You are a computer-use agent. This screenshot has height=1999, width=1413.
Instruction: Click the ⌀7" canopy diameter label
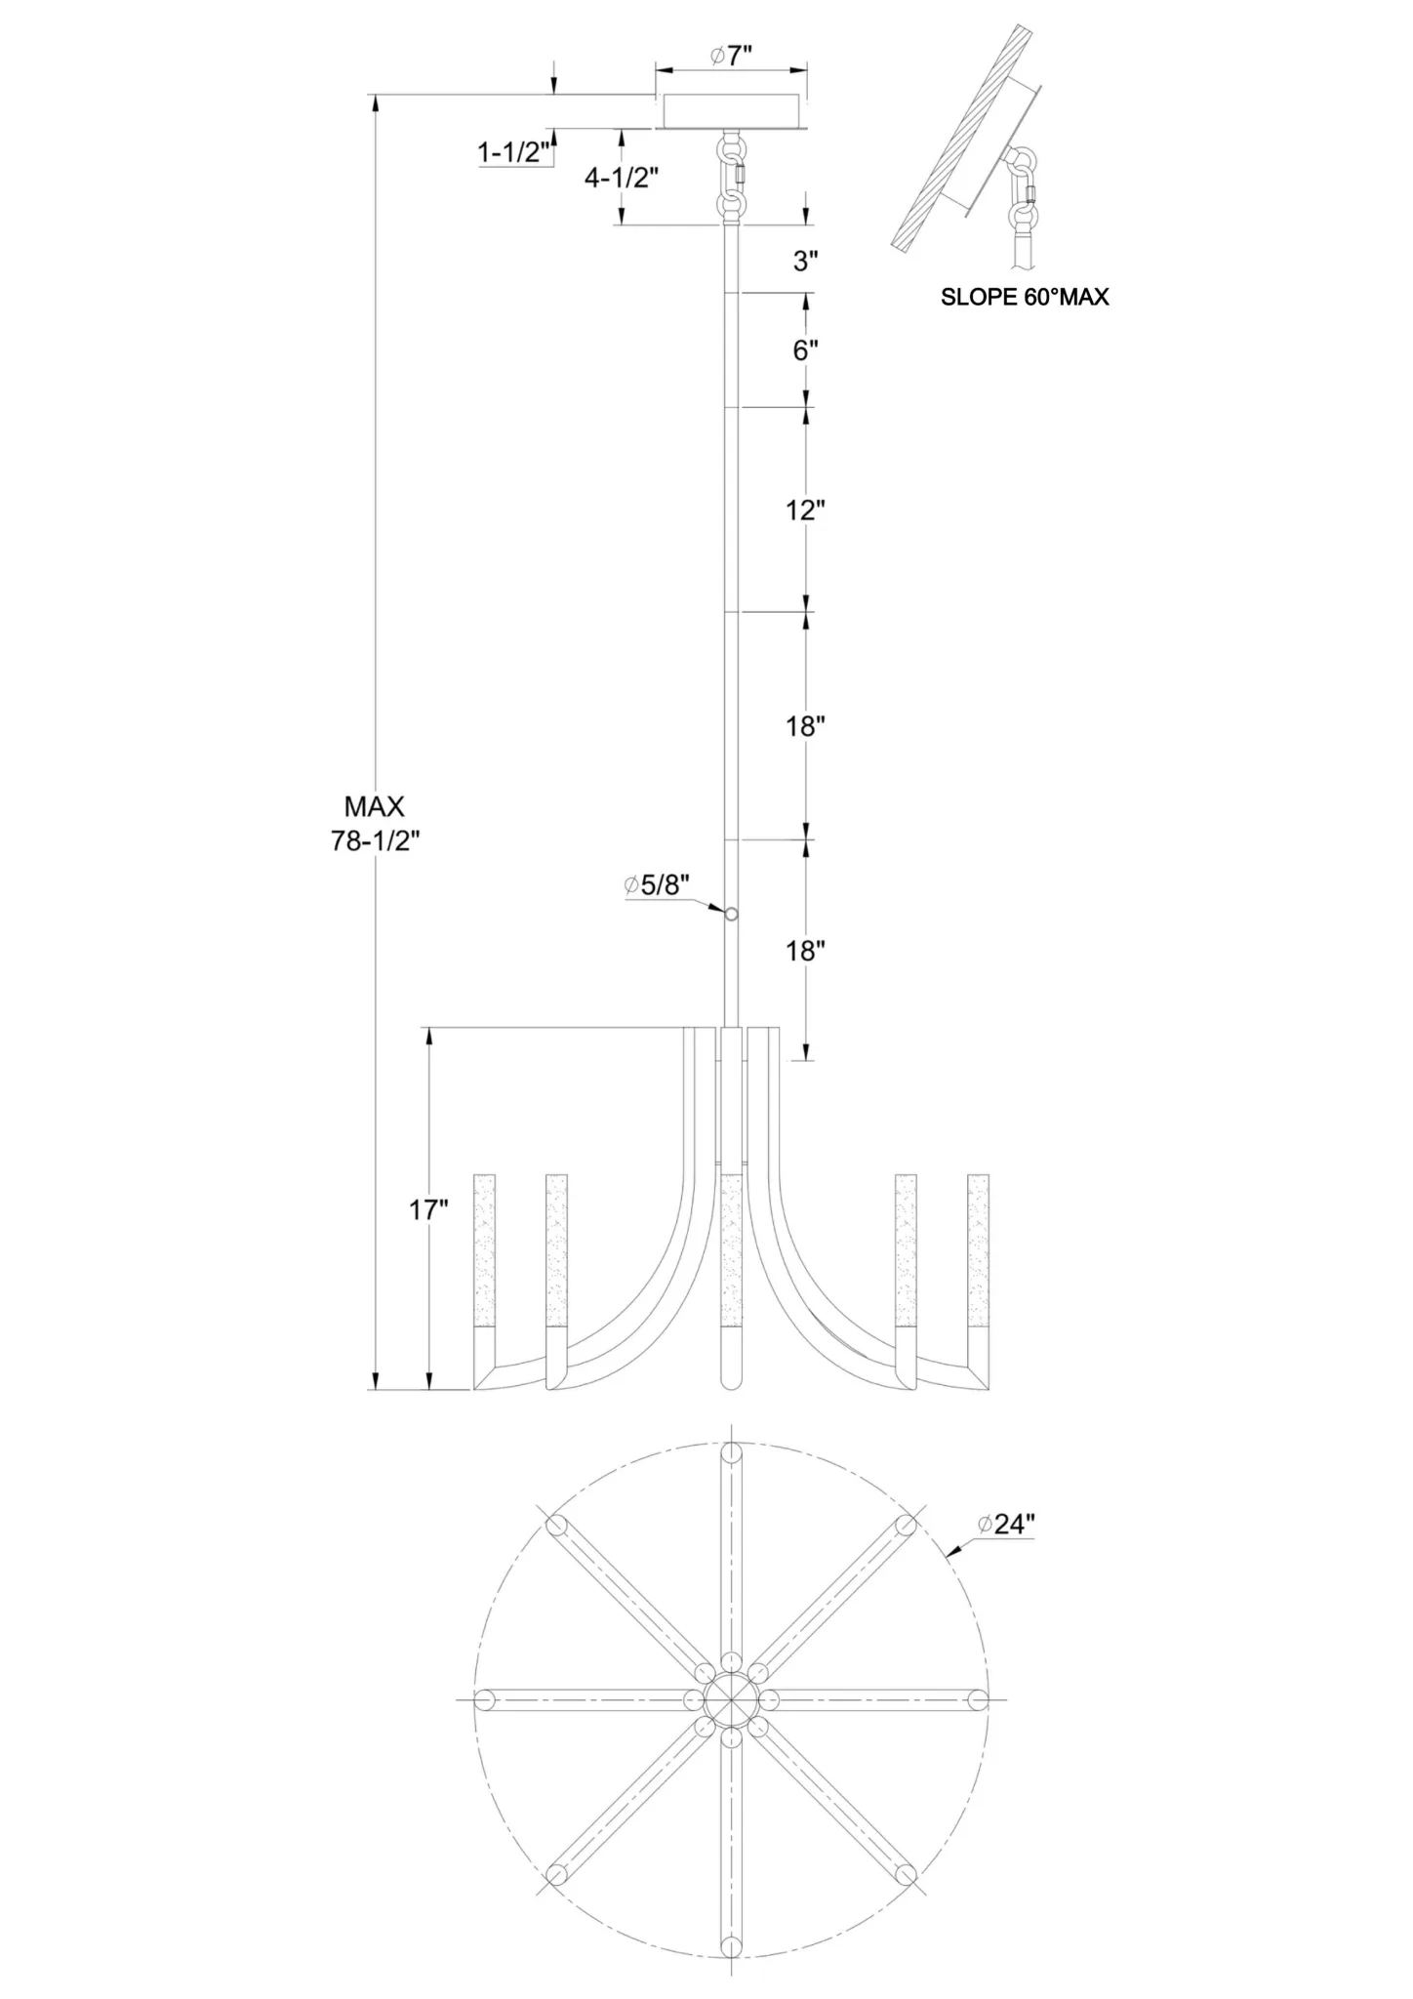(731, 56)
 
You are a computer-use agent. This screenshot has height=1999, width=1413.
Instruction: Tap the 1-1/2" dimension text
(514, 152)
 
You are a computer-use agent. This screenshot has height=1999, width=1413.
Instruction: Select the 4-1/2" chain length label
(622, 178)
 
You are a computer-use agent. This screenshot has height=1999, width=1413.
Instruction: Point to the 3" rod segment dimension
(804, 261)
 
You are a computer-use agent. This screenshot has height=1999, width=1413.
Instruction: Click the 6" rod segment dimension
(805, 350)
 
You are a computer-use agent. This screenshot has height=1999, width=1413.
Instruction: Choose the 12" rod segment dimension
(806, 510)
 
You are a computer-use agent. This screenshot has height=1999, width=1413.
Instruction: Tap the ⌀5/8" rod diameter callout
(657, 884)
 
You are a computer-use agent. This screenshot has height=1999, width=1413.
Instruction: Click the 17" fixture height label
(428, 1210)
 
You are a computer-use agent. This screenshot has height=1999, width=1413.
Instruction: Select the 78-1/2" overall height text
(375, 840)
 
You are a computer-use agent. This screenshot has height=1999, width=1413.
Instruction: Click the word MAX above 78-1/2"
(375, 806)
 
